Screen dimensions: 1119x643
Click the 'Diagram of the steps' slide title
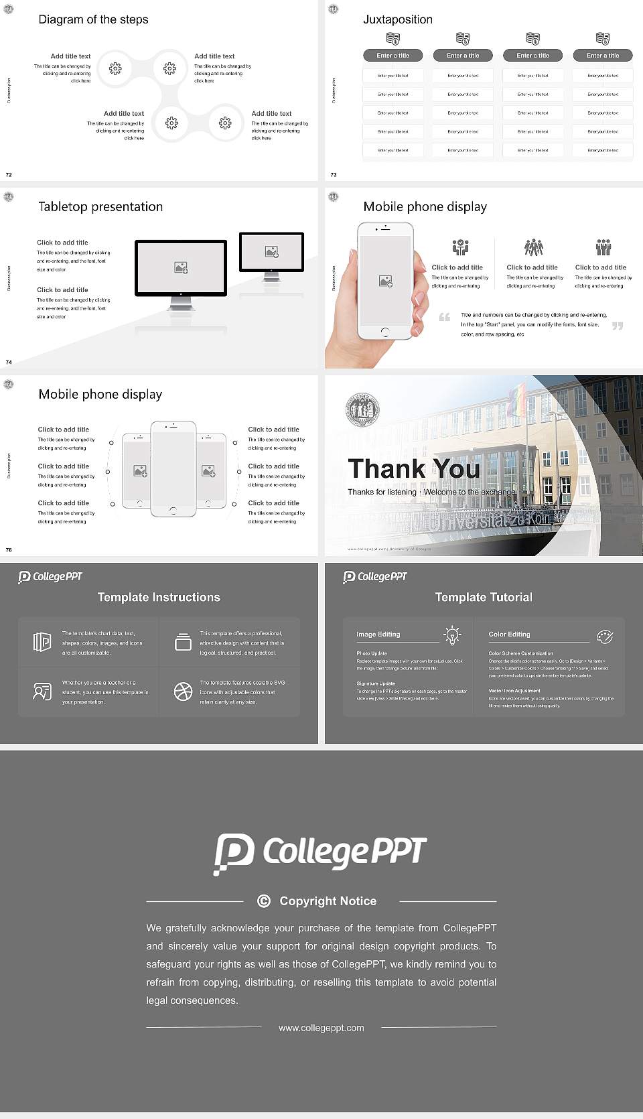(x=93, y=19)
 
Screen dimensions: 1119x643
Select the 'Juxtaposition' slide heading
(x=397, y=19)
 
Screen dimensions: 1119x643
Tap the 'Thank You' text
(x=413, y=468)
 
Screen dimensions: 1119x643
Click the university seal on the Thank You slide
(x=362, y=409)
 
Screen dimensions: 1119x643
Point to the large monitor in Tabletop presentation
(x=181, y=267)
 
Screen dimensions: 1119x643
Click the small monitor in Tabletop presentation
(x=271, y=252)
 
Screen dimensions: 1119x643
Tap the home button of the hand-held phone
(x=384, y=332)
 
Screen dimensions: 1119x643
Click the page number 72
(x=9, y=174)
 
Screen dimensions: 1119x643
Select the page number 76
(x=9, y=549)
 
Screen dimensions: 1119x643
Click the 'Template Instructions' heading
(x=159, y=597)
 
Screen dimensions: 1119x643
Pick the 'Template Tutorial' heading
(x=484, y=597)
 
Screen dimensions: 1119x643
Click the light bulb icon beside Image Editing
(x=452, y=635)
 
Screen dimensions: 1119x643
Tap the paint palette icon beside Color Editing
(x=604, y=636)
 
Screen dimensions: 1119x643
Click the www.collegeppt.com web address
(x=321, y=1028)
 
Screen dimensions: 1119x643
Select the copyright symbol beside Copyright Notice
(x=264, y=901)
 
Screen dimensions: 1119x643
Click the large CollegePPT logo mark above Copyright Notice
(x=234, y=853)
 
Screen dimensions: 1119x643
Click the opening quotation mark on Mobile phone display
(x=444, y=317)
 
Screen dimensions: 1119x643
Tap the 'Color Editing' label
(x=509, y=634)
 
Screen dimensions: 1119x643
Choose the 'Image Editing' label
(x=378, y=634)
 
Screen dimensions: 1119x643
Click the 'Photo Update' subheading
(x=372, y=653)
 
